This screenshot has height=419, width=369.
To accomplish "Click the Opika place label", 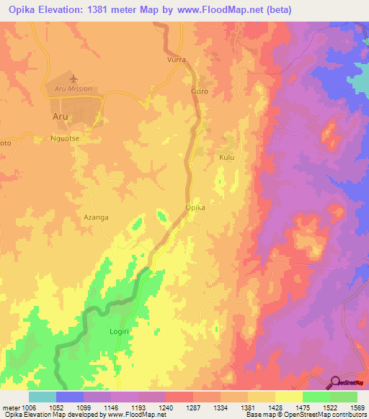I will point(196,207).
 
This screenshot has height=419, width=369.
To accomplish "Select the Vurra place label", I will point(177,61).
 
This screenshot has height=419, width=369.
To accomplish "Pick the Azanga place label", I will point(95,216).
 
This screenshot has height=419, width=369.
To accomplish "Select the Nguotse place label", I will point(68,135).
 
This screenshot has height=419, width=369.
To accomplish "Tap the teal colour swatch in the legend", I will point(43,397).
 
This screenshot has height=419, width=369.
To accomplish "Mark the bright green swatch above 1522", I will point(316,397).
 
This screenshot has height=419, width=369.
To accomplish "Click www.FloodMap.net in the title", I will point(250,9).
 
